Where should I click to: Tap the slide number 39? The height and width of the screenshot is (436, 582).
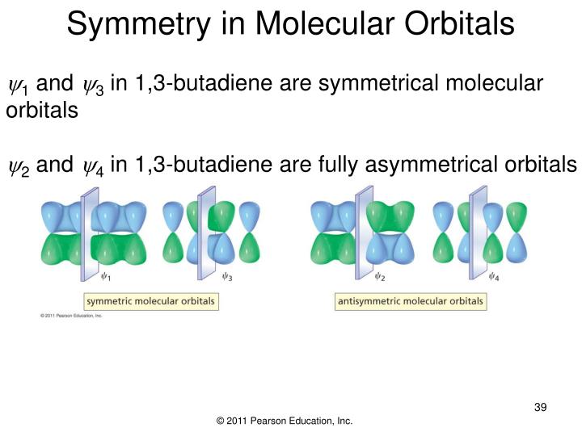pyautogui.click(x=541, y=406)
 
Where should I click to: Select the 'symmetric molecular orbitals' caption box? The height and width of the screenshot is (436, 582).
pyautogui.click(x=151, y=301)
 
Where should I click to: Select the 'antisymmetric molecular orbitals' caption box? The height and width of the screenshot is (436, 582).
pyautogui.click(x=410, y=301)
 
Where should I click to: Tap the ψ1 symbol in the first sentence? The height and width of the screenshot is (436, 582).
pyautogui.click(x=17, y=85)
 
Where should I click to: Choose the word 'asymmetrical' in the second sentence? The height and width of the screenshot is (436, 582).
pyautogui.click(x=428, y=166)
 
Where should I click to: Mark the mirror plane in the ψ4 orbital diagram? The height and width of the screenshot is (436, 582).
pyautogui.click(x=479, y=230)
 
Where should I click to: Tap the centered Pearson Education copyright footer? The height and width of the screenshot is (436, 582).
pyautogui.click(x=285, y=421)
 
